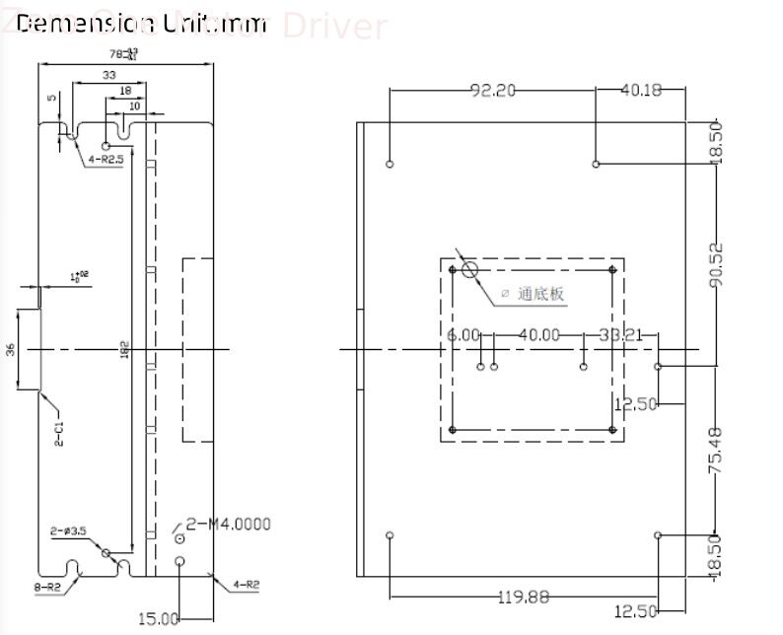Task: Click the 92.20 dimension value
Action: pyautogui.click(x=492, y=91)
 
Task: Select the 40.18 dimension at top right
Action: pyautogui.click(x=640, y=91)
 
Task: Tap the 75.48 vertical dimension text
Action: pyautogui.click(x=717, y=449)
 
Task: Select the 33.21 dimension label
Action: pyautogui.click(x=621, y=335)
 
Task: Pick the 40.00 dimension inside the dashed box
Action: pyautogui.click(x=539, y=335)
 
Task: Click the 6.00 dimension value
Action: pyautogui.click(x=463, y=335)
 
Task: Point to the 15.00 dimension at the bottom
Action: pyautogui.click(x=158, y=618)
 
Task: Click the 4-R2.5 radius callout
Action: pyautogui.click(x=107, y=158)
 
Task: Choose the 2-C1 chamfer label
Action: pyautogui.click(x=59, y=434)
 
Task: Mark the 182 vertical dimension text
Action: pyautogui.click(x=125, y=350)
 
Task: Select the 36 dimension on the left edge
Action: pyautogui.click(x=11, y=350)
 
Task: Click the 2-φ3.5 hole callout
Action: pyautogui.click(x=69, y=531)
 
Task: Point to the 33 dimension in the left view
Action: pyautogui.click(x=107, y=75)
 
